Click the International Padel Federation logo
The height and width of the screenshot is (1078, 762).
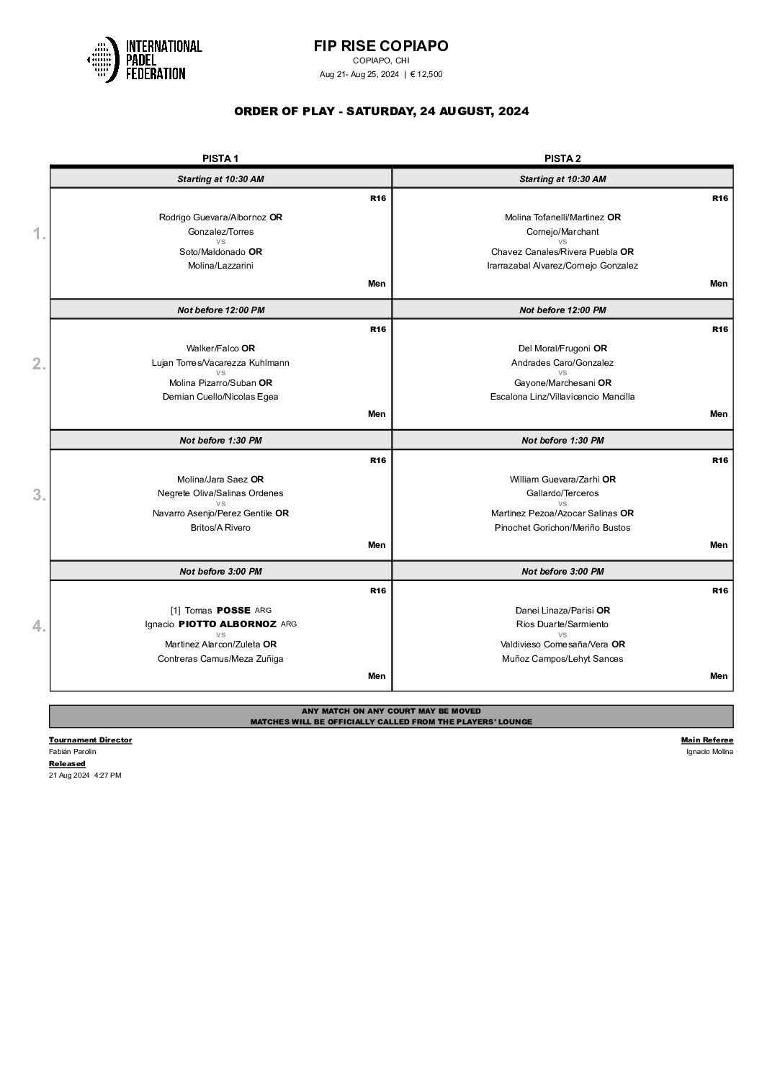click(144, 60)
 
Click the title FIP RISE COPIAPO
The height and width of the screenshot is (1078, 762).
click(381, 46)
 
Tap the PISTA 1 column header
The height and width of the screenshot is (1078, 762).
click(220, 158)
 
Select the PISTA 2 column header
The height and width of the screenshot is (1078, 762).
click(562, 158)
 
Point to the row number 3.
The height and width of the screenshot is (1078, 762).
click(40, 495)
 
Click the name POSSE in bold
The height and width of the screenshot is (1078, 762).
click(233, 611)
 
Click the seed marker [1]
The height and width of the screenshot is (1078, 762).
click(175, 611)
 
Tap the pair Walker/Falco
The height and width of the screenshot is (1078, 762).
click(212, 349)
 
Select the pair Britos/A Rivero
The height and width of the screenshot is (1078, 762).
click(220, 528)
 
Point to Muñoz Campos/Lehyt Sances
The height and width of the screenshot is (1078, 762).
click(562, 659)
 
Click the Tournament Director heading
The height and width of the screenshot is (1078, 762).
click(90, 740)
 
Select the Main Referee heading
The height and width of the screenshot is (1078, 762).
click(707, 740)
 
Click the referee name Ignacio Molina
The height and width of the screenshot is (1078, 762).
click(709, 752)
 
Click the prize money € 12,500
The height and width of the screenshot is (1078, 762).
click(426, 74)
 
